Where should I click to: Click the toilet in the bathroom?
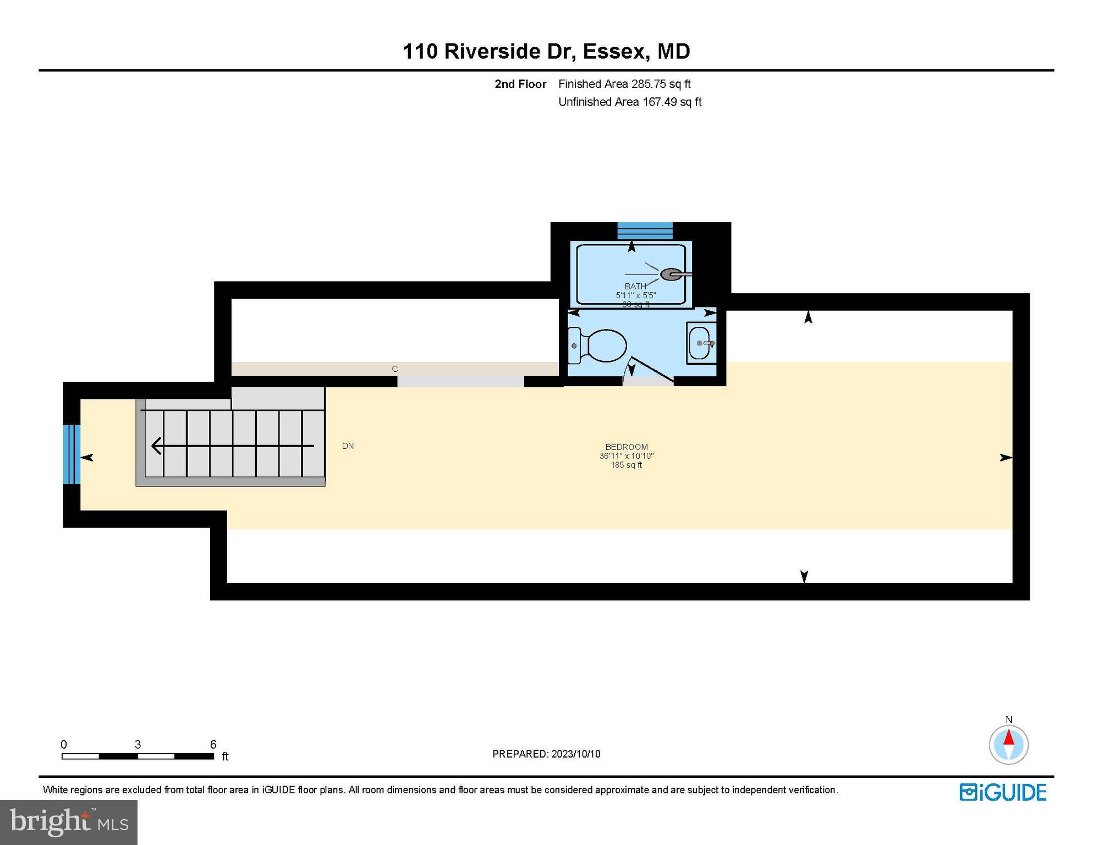tap(600, 345)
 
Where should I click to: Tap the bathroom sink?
tap(700, 343)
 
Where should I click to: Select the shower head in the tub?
tap(672, 274)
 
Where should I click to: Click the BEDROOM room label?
tap(626, 447)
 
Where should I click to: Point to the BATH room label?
tap(635, 286)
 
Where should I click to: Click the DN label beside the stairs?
tap(348, 446)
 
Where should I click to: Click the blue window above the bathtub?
tap(645, 231)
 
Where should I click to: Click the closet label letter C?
tap(394, 369)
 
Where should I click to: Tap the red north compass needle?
tap(1008, 737)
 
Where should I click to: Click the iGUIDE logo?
tap(1003, 792)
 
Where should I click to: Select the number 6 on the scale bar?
tap(213, 744)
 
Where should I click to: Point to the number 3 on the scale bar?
tap(138, 744)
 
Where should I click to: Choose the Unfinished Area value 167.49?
tap(659, 102)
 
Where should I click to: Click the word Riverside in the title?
tap(492, 51)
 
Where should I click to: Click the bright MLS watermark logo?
tap(69, 822)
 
